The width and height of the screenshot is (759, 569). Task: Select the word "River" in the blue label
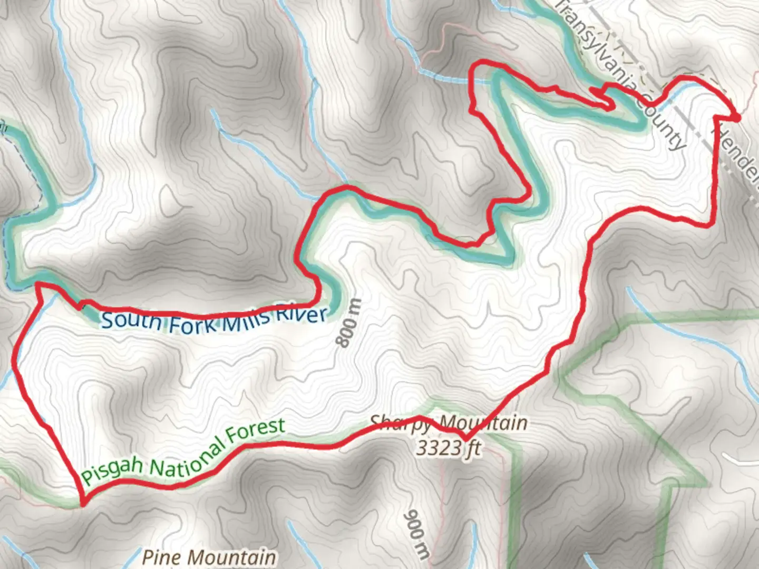click(x=301, y=315)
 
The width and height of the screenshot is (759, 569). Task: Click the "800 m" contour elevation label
click(x=348, y=323)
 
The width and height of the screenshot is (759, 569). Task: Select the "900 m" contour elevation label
click(x=416, y=533)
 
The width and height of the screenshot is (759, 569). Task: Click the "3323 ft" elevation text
click(x=449, y=448)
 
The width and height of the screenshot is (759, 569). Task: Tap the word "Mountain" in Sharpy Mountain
click(x=483, y=423)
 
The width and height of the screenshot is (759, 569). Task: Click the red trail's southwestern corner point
click(x=82, y=503)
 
